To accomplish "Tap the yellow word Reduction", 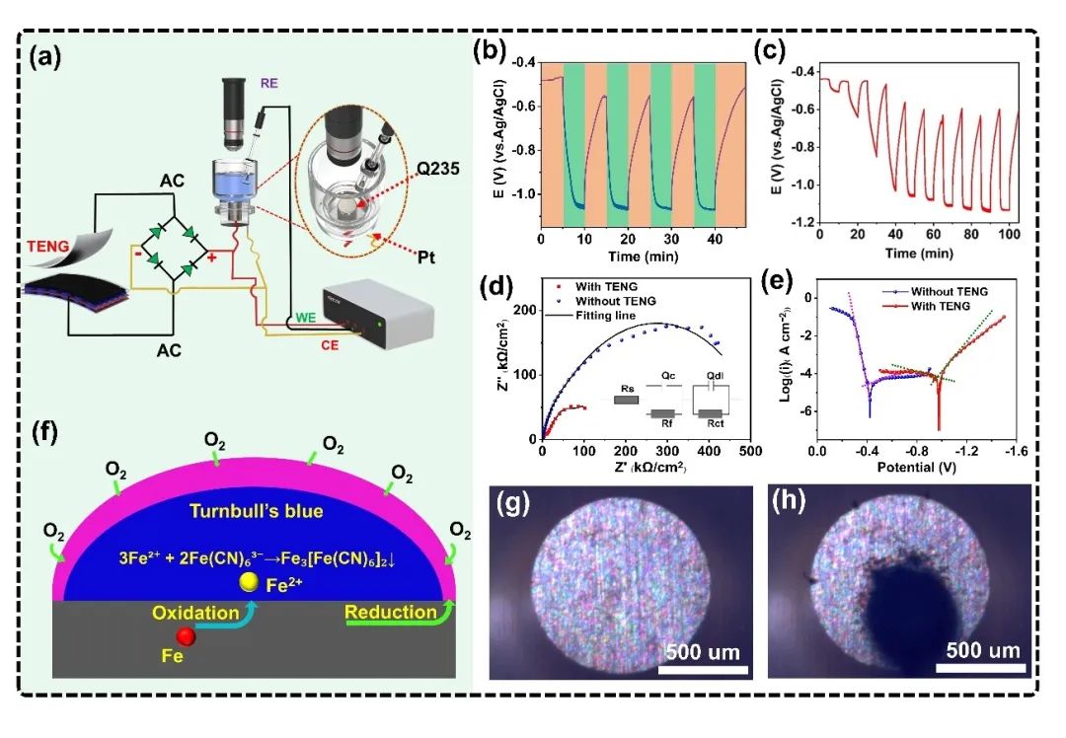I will tap(391, 612).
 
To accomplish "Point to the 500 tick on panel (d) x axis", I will tap(750, 452).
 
